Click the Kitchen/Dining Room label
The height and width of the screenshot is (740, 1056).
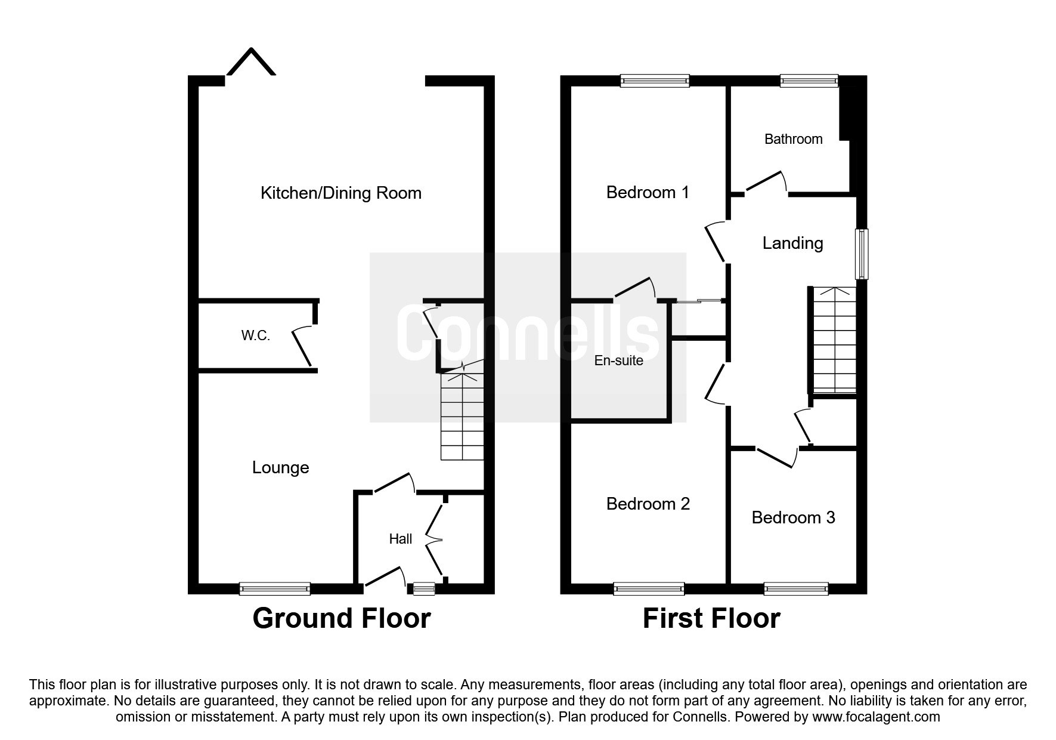click(341, 193)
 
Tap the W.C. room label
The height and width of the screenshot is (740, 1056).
click(255, 336)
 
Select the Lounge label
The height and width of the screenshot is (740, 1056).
click(280, 467)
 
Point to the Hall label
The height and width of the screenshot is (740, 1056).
click(400, 539)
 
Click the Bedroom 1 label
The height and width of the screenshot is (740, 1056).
click(648, 192)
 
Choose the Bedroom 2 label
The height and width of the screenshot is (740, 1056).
click(648, 504)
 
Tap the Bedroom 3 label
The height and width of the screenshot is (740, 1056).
click(793, 517)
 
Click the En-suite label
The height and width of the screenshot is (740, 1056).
click(618, 360)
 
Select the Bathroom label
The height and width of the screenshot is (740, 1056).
click(793, 139)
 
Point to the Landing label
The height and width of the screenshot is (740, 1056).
click(792, 243)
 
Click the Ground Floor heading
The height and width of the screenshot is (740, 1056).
click(341, 618)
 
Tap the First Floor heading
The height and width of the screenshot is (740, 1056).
click(711, 618)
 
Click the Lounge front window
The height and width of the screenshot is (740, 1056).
click(275, 589)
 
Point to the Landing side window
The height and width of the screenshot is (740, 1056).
click(862, 254)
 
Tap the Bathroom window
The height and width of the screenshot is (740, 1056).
click(809, 81)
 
